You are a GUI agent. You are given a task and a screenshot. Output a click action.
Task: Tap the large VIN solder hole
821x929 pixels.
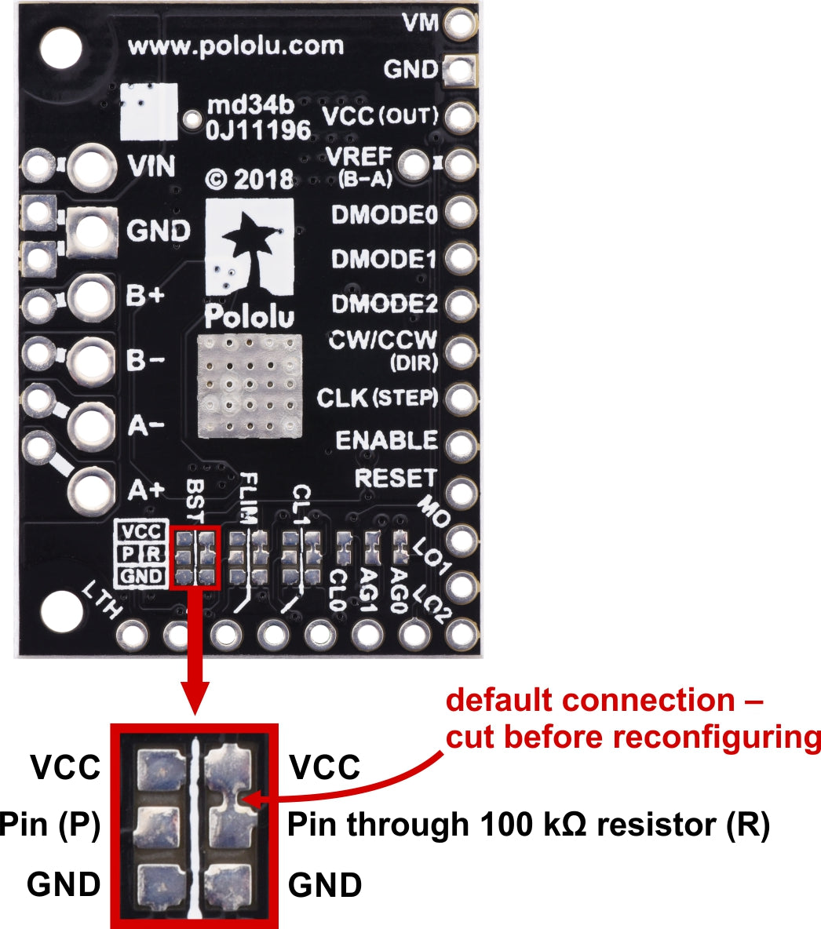point(92,166)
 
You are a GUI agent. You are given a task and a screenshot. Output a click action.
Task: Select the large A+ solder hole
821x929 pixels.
point(92,490)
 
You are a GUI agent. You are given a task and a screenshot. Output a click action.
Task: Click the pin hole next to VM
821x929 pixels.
point(461,24)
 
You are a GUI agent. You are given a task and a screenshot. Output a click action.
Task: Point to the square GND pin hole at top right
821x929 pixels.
point(461,71)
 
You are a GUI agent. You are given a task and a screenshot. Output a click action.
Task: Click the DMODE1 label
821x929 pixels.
point(384,259)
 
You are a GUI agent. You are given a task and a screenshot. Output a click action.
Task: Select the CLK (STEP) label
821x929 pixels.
point(377,398)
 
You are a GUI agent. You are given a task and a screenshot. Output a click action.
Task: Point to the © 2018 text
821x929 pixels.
point(250,179)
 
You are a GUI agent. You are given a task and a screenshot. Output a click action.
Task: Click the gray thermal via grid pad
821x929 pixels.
point(250,385)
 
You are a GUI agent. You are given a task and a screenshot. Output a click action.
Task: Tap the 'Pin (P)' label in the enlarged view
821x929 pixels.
point(50,825)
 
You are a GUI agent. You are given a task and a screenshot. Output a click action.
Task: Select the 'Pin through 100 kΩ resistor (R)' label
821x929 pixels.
point(528,825)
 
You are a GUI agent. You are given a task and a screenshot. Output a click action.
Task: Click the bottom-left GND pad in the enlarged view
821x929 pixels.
point(159,883)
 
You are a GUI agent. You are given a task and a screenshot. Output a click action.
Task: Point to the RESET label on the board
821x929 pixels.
point(395,477)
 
